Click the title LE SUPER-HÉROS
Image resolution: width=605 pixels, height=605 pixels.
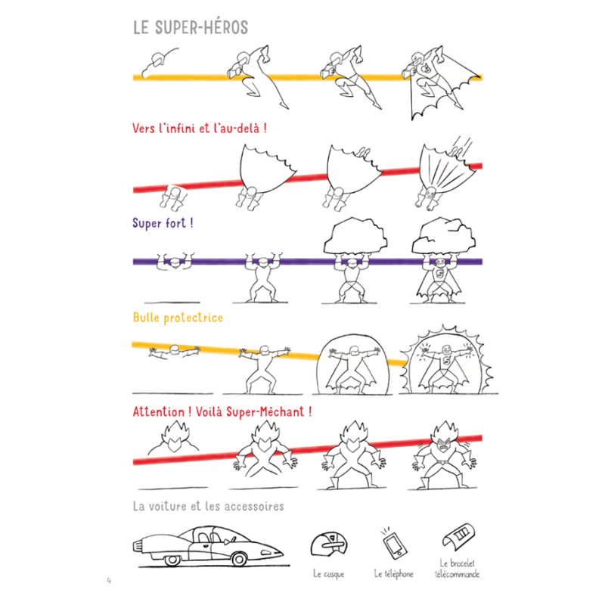coord(190,27)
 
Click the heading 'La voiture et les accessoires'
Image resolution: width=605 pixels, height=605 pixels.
coord(208,505)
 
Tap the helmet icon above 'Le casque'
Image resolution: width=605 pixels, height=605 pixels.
coord(327,546)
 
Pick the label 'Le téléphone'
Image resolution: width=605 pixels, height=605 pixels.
coord(393,574)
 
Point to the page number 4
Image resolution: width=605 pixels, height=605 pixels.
coord(109,581)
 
